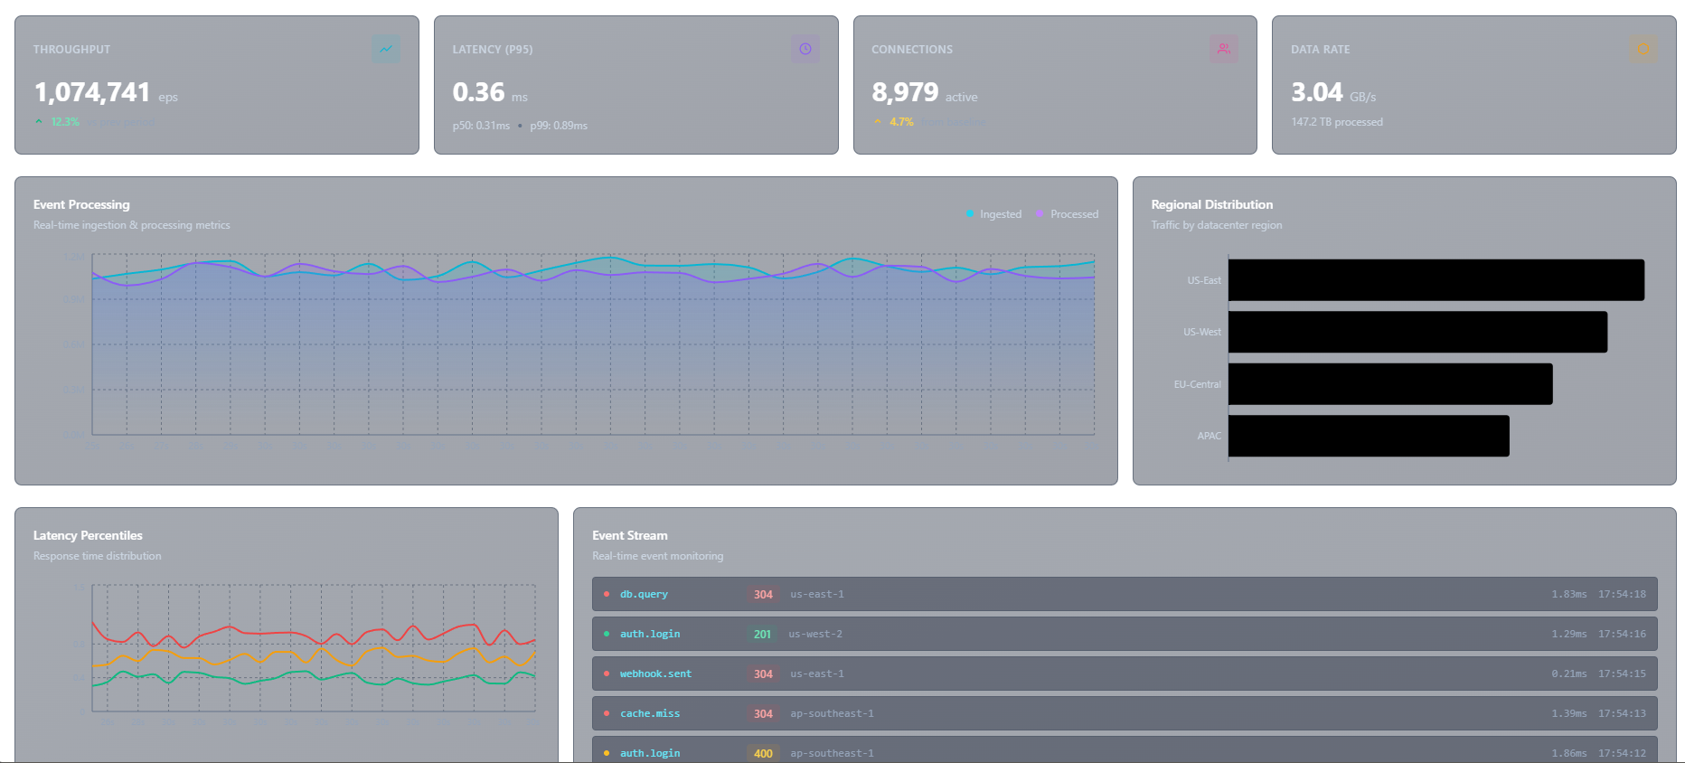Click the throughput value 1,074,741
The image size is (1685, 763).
point(91,92)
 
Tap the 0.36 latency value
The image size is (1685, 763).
point(478,92)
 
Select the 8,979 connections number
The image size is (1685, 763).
point(904,92)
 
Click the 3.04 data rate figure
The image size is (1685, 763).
point(1316,92)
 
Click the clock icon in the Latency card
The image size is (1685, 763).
point(805,49)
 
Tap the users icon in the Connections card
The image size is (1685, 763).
point(1223,49)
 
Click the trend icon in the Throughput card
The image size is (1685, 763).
point(386,49)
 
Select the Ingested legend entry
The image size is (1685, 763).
point(994,214)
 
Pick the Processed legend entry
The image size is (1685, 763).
point(1068,214)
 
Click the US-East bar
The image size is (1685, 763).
point(1436,280)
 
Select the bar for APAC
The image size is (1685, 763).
point(1368,436)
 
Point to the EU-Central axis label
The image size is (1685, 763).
point(1197,384)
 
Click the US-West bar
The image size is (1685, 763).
point(1417,332)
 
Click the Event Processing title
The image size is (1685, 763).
point(81,204)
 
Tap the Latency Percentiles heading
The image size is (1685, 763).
point(88,535)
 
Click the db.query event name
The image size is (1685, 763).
point(644,594)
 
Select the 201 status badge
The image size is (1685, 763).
point(762,634)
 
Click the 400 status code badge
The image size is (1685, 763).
point(763,753)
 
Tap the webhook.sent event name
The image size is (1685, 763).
point(655,674)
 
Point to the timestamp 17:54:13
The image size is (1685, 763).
point(1622,713)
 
